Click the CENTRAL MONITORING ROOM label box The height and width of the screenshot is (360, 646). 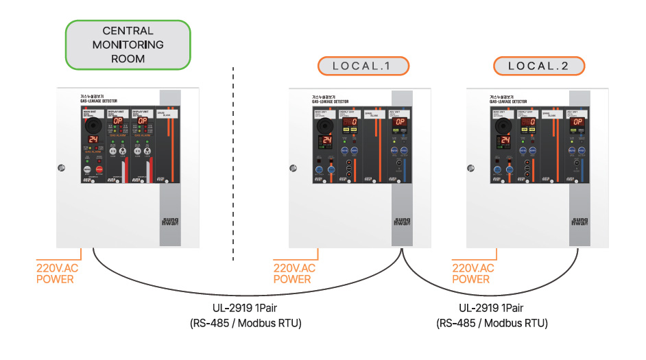[128, 45]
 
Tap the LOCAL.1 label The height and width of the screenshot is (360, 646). [363, 67]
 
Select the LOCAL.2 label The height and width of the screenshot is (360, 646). [540, 67]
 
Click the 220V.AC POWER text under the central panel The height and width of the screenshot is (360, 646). [55, 273]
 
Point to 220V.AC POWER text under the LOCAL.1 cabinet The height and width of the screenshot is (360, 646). [294, 273]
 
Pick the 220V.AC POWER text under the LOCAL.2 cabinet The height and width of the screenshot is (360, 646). [472, 273]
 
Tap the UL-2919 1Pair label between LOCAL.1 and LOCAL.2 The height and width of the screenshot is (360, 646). [492, 309]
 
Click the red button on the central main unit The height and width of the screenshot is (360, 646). [99, 169]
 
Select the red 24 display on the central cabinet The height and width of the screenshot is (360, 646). [94, 139]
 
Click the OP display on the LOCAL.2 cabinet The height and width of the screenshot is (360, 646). [577, 122]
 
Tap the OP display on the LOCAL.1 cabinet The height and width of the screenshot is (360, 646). [400, 122]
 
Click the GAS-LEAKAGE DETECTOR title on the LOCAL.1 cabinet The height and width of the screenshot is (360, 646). [329, 101]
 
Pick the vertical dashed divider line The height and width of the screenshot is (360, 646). [233, 165]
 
